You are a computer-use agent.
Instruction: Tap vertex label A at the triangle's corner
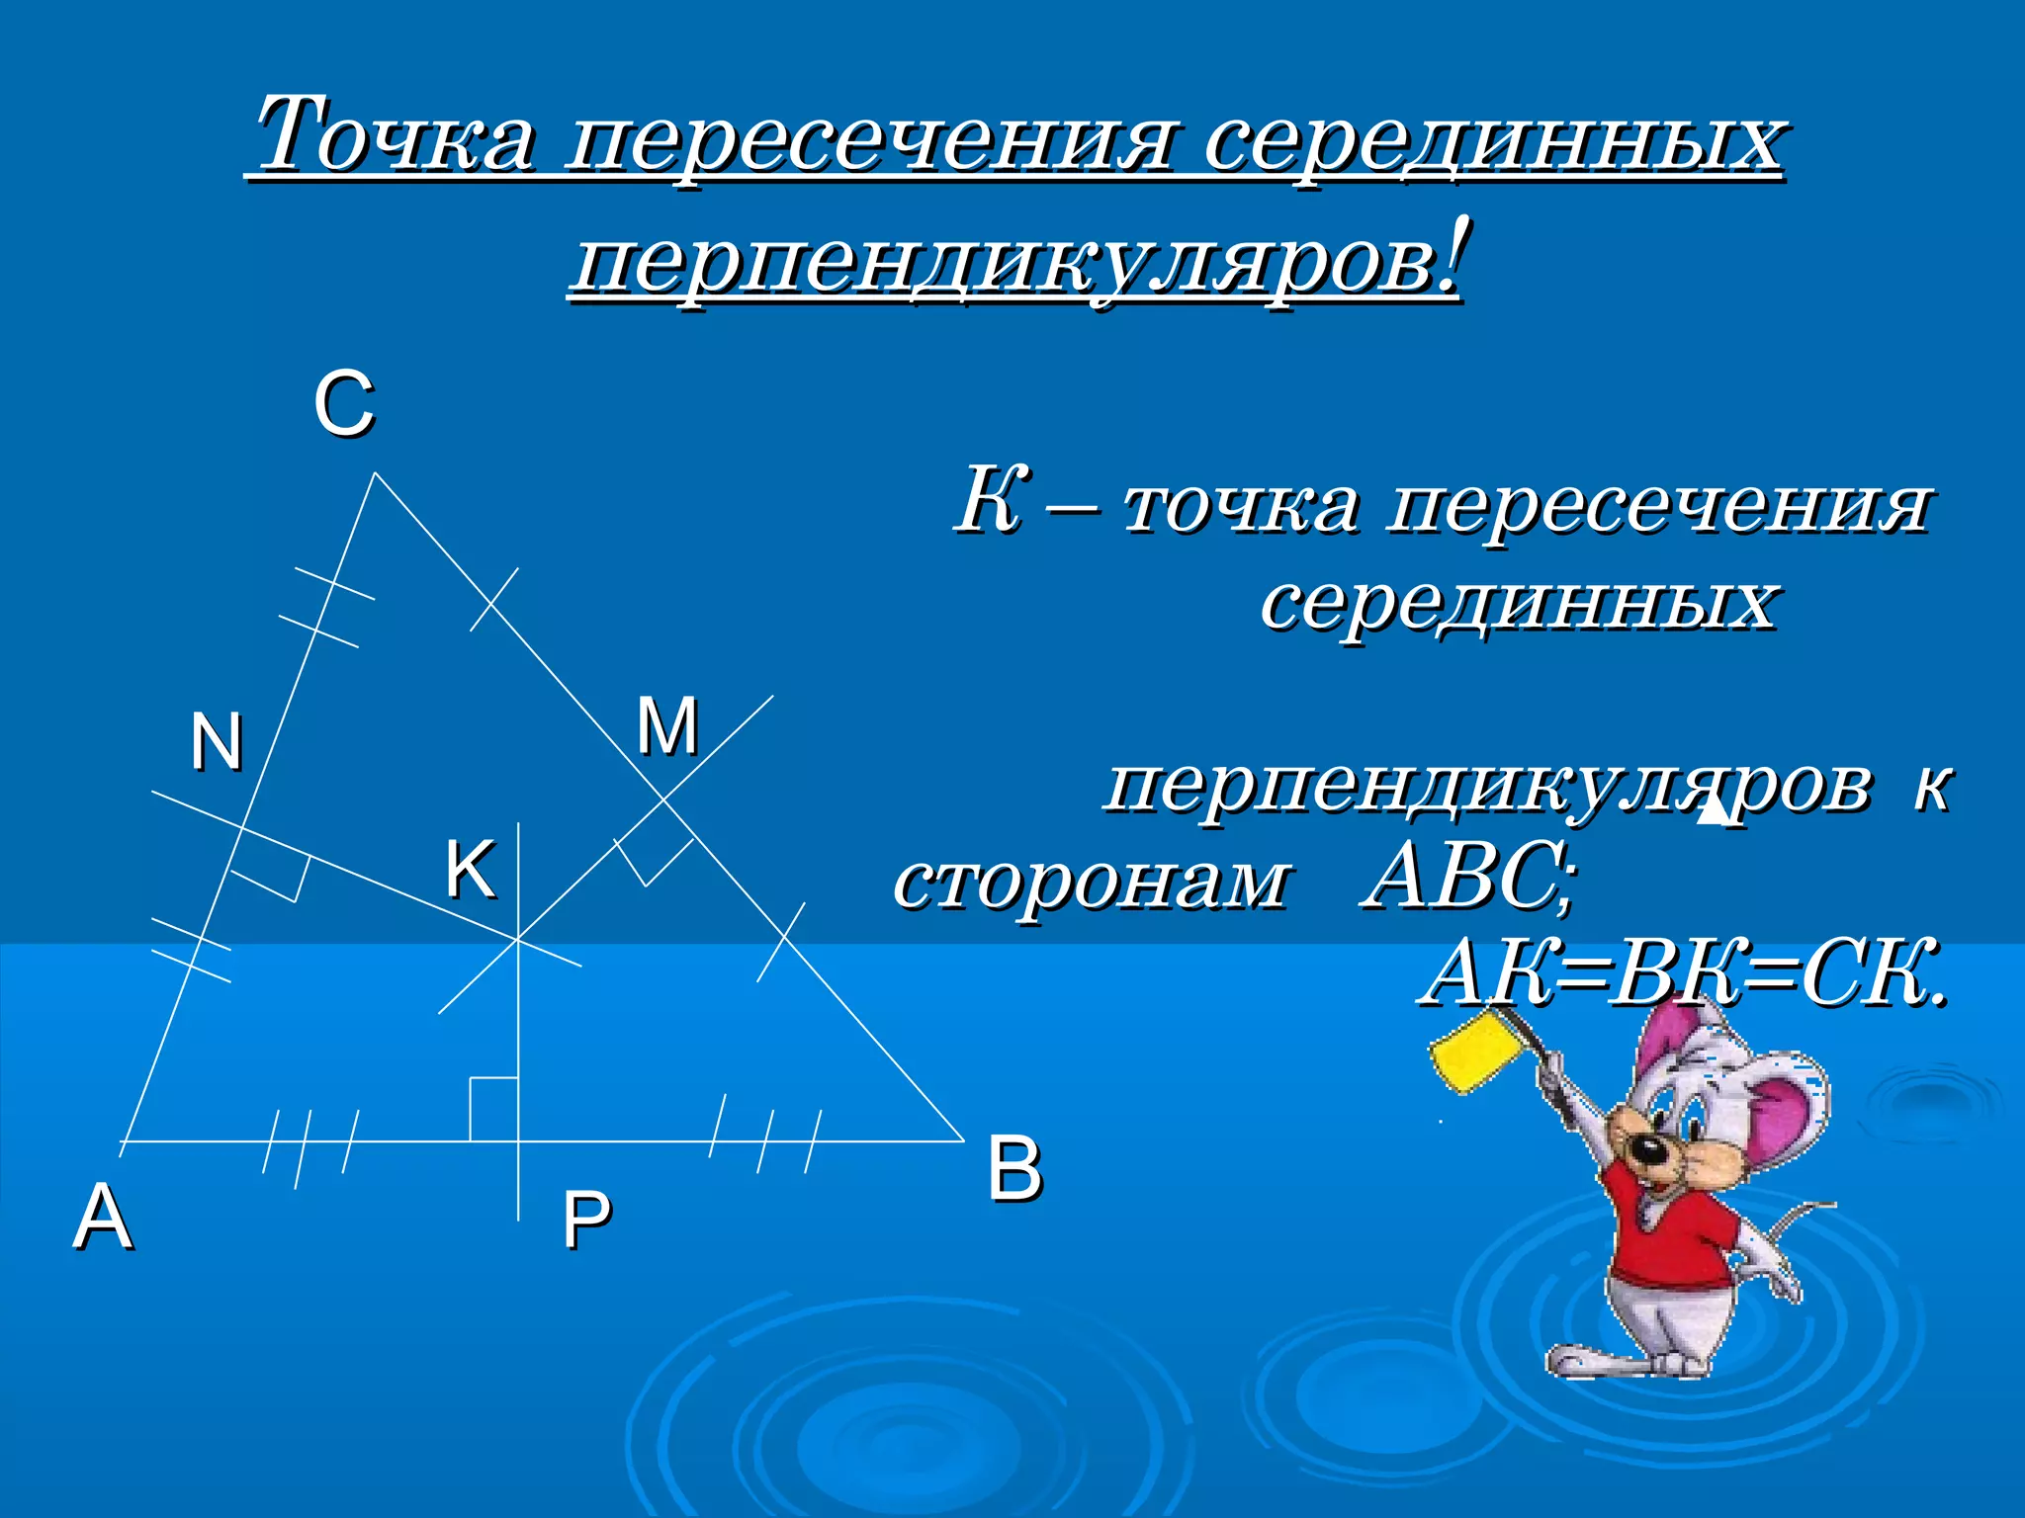pyautogui.click(x=103, y=1217)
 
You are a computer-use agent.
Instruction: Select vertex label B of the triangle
pyautogui.click(x=1014, y=1169)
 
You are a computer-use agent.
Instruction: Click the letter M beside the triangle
pyautogui.click(x=667, y=726)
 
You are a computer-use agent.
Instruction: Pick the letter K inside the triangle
pyautogui.click(x=469, y=870)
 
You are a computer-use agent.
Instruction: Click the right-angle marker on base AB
pyautogui.click(x=492, y=1109)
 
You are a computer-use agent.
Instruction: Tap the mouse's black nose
pyautogui.click(x=1644, y=1150)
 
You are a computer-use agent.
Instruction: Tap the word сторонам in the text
pyautogui.click(x=1092, y=879)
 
